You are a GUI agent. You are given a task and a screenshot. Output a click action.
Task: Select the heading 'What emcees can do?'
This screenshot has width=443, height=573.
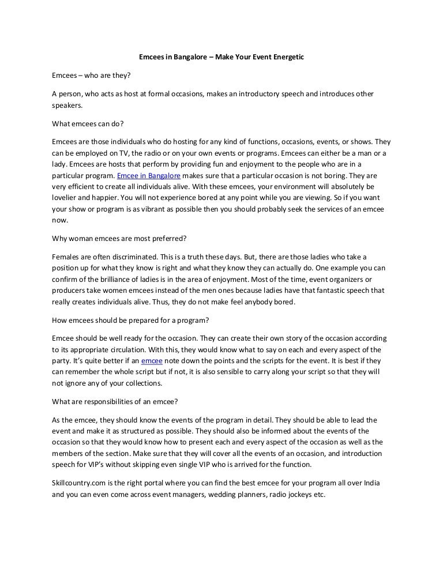(84, 123)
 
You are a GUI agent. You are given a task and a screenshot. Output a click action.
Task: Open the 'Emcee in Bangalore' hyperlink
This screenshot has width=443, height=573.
(149, 175)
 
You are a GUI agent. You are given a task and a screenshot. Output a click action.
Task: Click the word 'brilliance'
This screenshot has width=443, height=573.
(114, 280)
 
